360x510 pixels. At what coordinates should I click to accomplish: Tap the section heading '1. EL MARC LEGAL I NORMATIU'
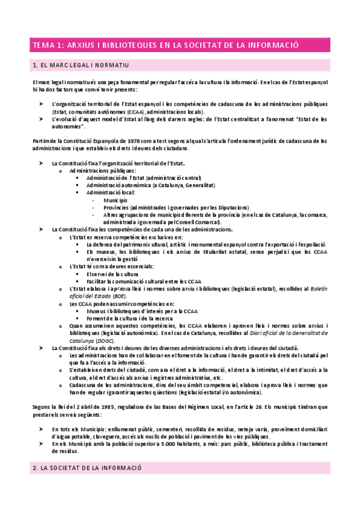(x=84, y=64)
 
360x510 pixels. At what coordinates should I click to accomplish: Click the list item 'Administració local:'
(x=111, y=192)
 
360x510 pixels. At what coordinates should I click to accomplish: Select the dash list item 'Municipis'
(x=115, y=200)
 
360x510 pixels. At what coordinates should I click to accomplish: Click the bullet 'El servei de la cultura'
(x=113, y=274)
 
